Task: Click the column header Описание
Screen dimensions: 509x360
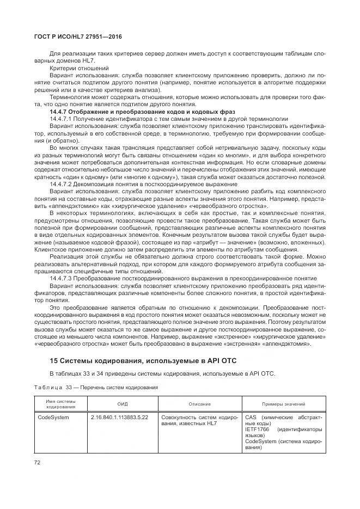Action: coord(200,404)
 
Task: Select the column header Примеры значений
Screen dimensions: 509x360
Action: coord(283,404)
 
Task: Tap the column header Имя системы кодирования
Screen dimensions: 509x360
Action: coord(60,404)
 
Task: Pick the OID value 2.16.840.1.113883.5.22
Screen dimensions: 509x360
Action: coord(119,418)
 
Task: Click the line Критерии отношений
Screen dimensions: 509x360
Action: coord(71,68)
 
